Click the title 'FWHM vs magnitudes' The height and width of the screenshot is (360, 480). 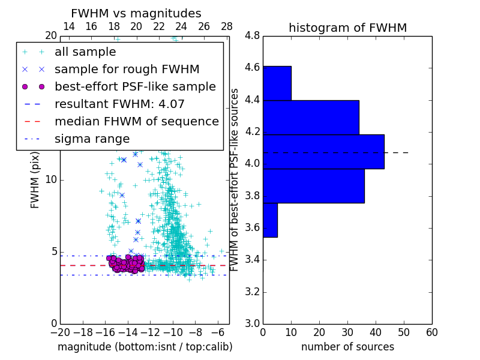coord(136,13)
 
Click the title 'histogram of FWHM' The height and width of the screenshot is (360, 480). coord(347,28)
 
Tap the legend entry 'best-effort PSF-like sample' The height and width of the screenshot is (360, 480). coord(135,86)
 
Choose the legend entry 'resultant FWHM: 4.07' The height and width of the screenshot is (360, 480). coord(119,104)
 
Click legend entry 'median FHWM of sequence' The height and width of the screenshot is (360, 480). coord(136,121)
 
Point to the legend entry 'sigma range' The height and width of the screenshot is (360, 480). coord(92,139)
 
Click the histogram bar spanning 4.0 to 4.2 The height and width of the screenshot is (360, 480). coord(323,152)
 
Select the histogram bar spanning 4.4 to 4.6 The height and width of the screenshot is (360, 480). coord(277,83)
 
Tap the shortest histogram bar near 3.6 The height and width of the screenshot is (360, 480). coord(270,220)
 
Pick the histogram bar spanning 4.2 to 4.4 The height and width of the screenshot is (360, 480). coord(311,118)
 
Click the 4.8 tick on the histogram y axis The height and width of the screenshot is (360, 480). coord(252,35)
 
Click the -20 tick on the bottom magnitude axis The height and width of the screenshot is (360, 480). coord(60,332)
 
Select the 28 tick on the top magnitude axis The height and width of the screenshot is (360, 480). coord(227,26)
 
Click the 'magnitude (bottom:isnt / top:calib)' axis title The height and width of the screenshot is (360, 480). coord(145,347)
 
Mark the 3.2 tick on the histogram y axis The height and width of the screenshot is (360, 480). coord(252,292)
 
